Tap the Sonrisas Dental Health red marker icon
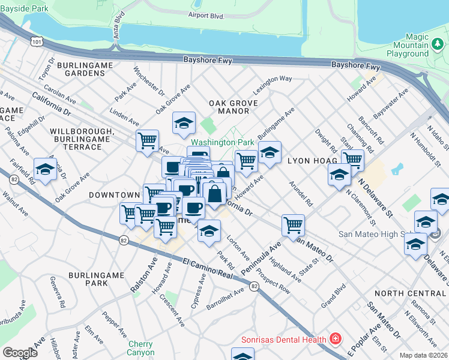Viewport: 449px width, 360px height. pyautogui.click(x=334, y=340)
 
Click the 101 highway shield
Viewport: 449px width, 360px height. pyautogui.click(x=37, y=41)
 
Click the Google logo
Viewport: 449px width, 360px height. pyautogui.click(x=20, y=353)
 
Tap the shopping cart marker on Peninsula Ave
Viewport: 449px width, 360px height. pyautogui.click(x=293, y=225)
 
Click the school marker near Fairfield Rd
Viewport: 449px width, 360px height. pyautogui.click(x=45, y=170)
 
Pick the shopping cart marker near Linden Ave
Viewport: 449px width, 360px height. pyautogui.click(x=147, y=141)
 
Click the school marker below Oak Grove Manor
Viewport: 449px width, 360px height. pyautogui.click(x=184, y=124)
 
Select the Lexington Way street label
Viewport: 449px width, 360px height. pyautogui.click(x=273, y=79)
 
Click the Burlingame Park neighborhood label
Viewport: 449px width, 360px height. pyautogui.click(x=95, y=279)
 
